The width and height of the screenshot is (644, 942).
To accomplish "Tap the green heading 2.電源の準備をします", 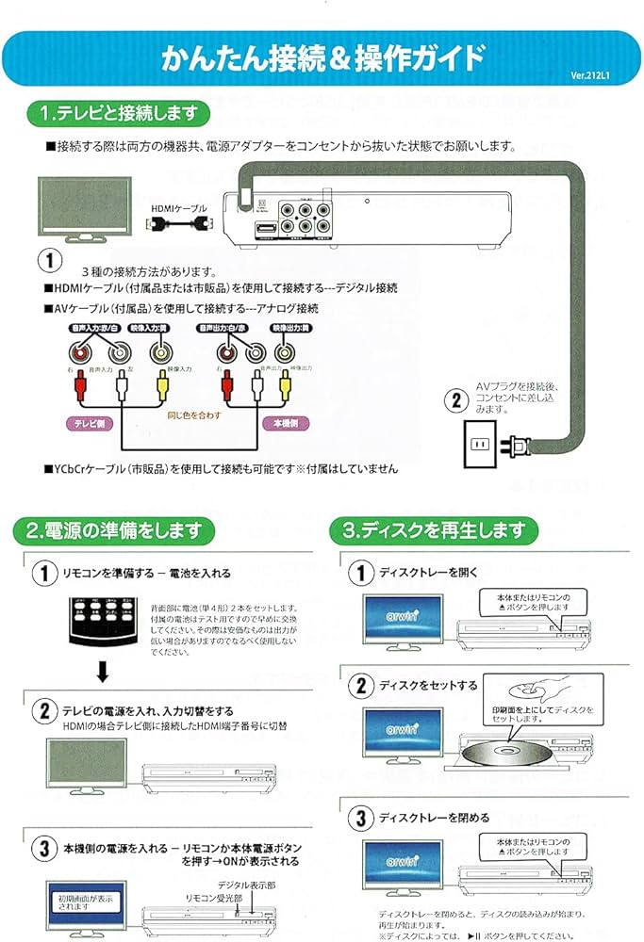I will [x=113, y=530].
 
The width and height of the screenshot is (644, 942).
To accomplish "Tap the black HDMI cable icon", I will [x=179, y=225].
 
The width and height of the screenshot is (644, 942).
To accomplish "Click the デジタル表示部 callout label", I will [x=246, y=885].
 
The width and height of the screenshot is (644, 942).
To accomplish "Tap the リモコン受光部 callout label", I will [x=214, y=900].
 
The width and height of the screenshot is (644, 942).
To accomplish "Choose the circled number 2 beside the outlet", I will [x=456, y=399].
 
